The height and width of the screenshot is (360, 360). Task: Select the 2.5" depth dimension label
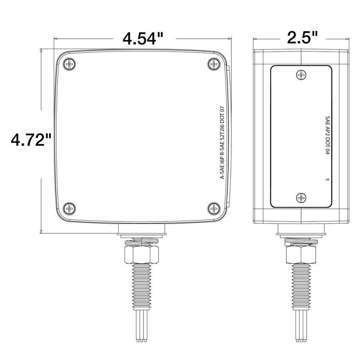click(302, 38)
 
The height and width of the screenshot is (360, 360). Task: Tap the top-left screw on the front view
click(69, 64)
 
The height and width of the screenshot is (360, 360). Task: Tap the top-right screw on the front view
click(214, 64)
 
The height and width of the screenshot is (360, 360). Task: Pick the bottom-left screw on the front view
click(69, 208)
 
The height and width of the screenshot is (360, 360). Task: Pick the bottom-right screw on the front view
click(214, 208)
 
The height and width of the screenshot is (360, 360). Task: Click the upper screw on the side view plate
click(301, 75)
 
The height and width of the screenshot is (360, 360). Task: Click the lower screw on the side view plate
click(301, 197)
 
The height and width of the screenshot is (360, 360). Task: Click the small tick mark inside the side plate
click(327, 180)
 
